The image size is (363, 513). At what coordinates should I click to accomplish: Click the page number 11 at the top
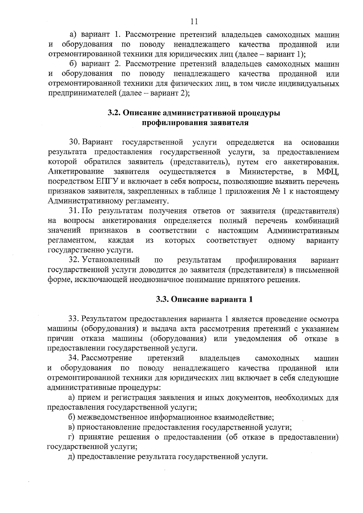pos(194,21)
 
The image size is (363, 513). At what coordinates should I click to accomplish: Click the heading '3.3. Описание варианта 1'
pos(204,299)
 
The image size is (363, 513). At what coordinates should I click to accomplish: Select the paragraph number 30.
pos(74,142)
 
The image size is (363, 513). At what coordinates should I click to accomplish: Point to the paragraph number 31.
pos(74,211)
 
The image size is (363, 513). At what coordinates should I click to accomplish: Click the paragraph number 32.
pos(74,260)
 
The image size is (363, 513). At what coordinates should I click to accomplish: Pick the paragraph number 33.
pos(74,319)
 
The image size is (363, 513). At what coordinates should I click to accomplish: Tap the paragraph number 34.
pos(74,358)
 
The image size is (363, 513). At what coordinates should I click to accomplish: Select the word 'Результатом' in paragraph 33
pos(104,319)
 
